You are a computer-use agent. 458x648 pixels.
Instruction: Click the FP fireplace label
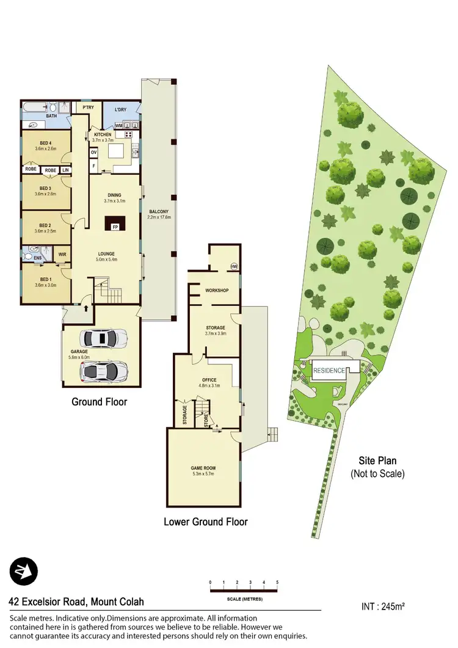click(114, 227)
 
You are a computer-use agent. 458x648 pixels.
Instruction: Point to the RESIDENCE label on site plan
click(329, 370)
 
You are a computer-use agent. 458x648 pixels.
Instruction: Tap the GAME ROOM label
click(203, 468)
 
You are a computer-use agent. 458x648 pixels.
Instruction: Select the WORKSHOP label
click(216, 290)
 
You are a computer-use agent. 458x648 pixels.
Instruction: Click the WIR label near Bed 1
click(62, 254)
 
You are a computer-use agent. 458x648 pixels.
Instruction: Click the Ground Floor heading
click(99, 401)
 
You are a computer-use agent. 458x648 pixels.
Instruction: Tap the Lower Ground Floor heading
click(205, 522)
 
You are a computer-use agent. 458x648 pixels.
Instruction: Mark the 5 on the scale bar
click(277, 582)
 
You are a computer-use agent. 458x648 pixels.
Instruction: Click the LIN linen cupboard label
click(65, 170)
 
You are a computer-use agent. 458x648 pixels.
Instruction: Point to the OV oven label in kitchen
click(94, 152)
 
